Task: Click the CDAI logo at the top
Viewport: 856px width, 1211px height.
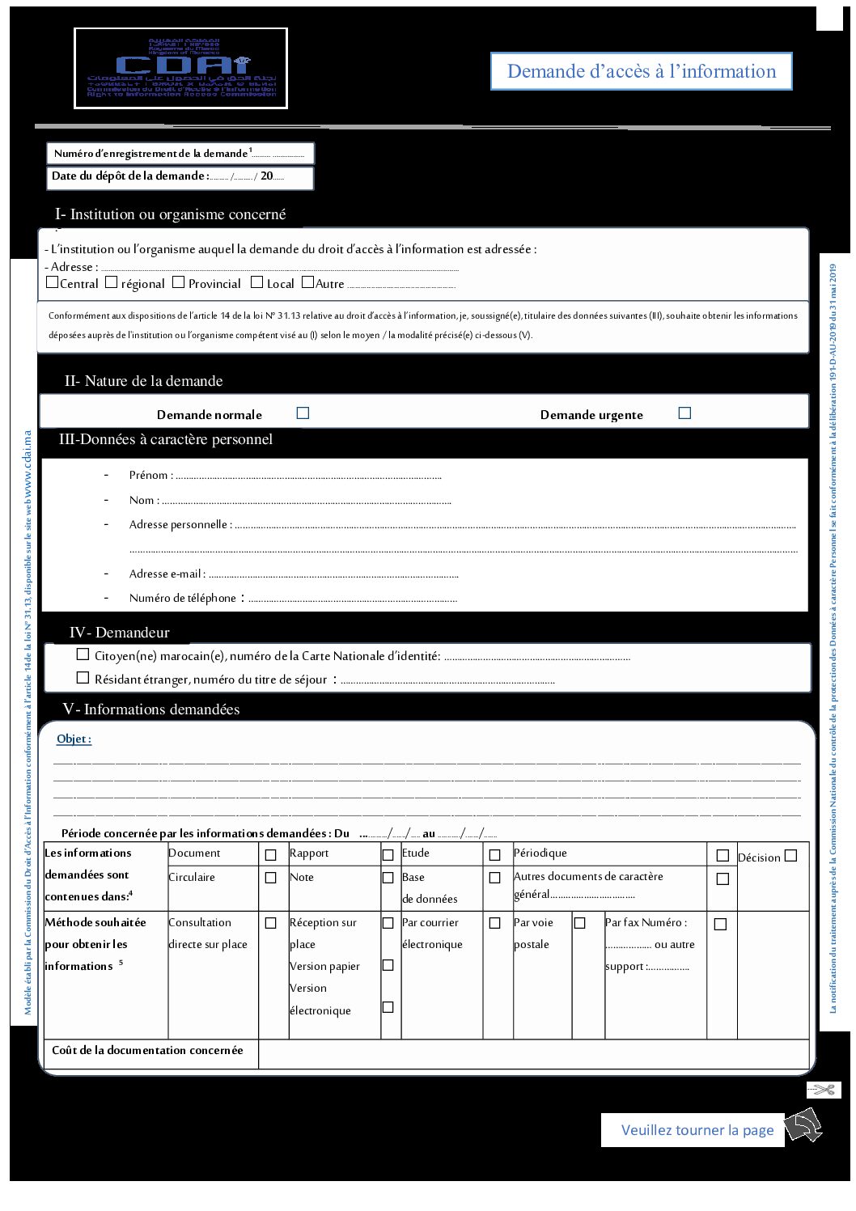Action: [180, 68]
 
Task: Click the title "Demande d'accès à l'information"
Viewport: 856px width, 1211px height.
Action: [641, 71]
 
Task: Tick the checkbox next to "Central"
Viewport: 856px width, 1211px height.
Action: [53, 282]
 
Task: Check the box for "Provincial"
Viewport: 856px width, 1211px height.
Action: [180, 282]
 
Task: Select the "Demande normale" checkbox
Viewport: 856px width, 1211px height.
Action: [303, 413]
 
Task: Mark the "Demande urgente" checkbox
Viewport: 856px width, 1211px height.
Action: [684, 413]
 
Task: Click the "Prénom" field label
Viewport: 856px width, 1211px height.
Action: [149, 475]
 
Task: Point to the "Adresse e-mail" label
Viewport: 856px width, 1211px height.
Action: [166, 574]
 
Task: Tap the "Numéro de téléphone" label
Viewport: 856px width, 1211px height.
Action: [183, 598]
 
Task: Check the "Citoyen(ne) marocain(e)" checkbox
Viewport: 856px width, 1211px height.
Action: [83, 654]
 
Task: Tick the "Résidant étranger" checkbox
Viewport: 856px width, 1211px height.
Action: [83, 677]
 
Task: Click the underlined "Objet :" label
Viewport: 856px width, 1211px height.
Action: [74, 739]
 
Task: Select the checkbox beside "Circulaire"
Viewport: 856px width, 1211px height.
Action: [271, 878]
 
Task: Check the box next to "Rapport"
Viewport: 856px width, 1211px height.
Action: [388, 854]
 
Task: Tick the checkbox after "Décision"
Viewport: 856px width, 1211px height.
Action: [790, 855]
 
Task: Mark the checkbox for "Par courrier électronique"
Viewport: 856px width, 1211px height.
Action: [494, 923]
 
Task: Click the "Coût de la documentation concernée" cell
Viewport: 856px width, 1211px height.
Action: [147, 1050]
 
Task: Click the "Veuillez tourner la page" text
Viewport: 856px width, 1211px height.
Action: [697, 1130]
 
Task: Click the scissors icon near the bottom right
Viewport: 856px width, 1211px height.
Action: [824, 1090]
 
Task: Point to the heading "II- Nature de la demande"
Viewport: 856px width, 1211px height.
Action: [143, 381]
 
